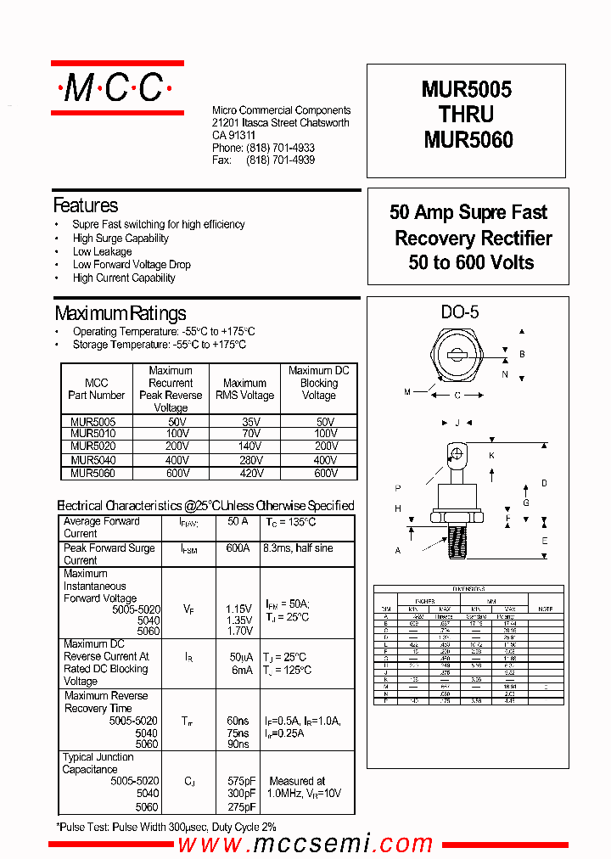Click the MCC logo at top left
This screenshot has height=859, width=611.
(117, 87)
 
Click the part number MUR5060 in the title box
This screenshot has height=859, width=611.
(468, 139)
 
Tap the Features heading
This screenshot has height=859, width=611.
(86, 205)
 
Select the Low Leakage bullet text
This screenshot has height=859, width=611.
(102, 251)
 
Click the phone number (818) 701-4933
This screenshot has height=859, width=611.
(280, 148)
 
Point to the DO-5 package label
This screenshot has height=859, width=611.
(459, 312)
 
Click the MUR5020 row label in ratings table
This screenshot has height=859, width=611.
(93, 445)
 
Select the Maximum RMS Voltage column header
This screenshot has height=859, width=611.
(245, 389)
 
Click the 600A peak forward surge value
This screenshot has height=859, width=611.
(238, 548)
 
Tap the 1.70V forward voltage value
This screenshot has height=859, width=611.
(238, 632)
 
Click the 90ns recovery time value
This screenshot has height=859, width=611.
(238, 744)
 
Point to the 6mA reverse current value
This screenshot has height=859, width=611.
(241, 670)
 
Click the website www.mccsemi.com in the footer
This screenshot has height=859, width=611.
(305, 844)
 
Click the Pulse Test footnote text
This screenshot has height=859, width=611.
(166, 826)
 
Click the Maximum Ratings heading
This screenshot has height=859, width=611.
(120, 313)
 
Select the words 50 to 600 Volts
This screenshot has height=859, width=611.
(471, 263)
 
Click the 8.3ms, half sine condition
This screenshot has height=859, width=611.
(299, 548)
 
